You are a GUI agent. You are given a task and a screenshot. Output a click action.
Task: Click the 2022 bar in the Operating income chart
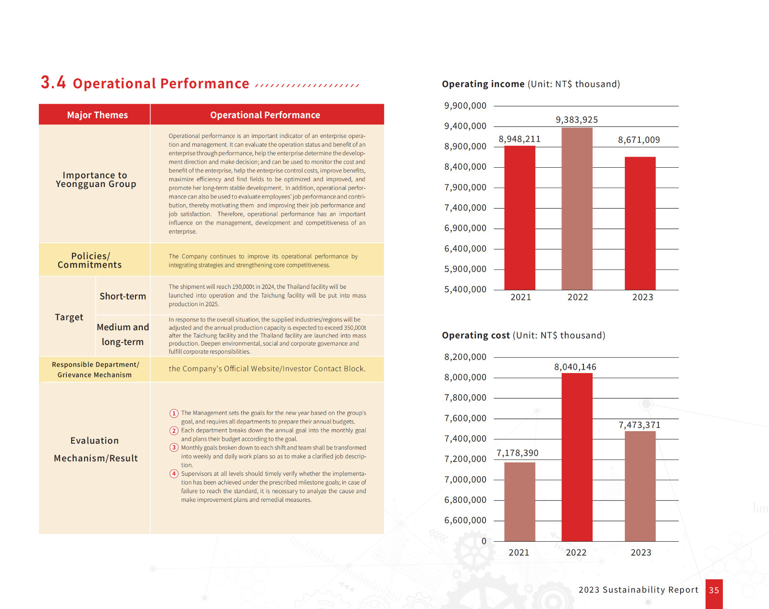[577, 209]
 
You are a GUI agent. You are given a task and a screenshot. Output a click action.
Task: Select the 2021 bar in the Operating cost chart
[520, 502]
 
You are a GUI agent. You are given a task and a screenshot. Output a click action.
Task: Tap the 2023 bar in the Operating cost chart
[640, 486]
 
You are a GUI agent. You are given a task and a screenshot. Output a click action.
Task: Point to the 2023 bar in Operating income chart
[640, 224]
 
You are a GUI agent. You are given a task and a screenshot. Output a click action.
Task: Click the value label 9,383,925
[577, 120]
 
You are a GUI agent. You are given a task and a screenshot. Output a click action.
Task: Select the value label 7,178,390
[517, 453]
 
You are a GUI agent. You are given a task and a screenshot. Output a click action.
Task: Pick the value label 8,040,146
[575, 367]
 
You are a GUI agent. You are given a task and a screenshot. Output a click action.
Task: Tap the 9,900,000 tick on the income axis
[465, 106]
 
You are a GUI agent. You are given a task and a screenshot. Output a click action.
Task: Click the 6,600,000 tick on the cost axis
[465, 520]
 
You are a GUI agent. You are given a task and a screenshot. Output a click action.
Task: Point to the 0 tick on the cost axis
[484, 541]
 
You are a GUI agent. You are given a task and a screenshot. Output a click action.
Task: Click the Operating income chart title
[531, 84]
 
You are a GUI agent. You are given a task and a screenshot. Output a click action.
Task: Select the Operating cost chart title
[523, 335]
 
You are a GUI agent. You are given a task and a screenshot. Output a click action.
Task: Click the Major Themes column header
[97, 115]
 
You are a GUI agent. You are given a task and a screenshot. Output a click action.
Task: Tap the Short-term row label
[123, 296]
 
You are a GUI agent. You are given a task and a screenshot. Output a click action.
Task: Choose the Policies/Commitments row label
[89, 260]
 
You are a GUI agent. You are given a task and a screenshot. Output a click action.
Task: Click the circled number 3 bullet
[174, 447]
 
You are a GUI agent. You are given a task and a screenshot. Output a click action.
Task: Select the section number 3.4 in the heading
[53, 83]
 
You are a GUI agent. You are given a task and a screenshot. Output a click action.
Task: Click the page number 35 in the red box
[714, 590]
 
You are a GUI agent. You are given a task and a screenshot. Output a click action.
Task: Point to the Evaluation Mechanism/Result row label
[95, 449]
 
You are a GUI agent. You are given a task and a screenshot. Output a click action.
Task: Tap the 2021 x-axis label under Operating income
[521, 297]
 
